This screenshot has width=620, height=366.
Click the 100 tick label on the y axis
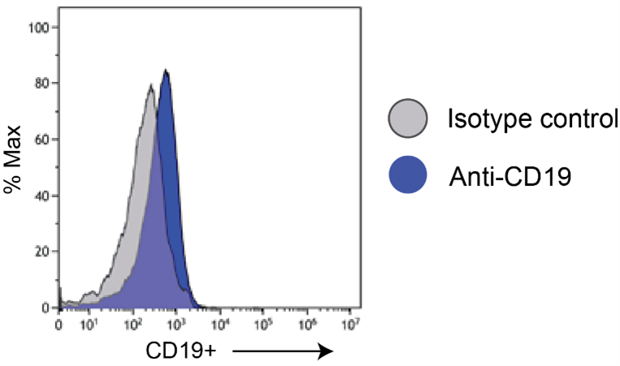coord(39,28)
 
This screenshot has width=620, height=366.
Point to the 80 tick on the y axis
coord(42,84)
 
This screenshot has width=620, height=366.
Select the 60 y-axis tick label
coord(42,140)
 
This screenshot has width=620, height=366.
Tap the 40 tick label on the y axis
coord(42,196)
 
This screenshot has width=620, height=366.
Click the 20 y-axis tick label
coord(42,251)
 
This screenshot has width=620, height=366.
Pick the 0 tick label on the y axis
coord(46,308)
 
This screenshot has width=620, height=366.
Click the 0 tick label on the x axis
coord(59,325)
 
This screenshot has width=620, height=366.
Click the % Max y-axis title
coord(12,159)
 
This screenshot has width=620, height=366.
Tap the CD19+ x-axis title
coord(181,351)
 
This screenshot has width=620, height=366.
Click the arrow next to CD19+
coord(283,351)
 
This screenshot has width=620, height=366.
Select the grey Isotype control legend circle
coord(408,118)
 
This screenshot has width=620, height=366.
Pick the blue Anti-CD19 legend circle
coord(408,174)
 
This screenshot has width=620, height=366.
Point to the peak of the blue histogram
coord(167,70)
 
